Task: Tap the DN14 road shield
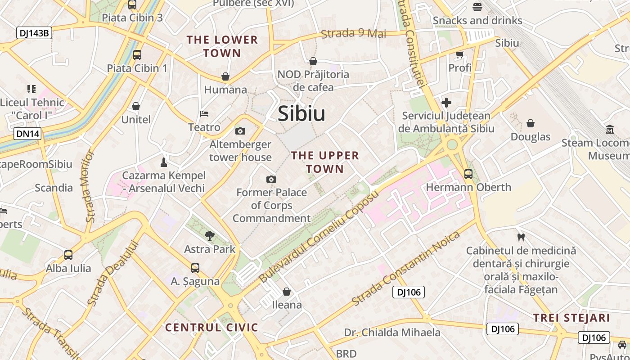27,134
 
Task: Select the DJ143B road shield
34,33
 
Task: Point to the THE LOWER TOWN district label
222,46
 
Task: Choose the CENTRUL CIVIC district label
211,327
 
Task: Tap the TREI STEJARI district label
571,318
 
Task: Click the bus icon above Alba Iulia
68,255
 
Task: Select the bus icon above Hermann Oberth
468,174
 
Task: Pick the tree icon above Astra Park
209,235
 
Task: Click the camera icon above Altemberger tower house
240,131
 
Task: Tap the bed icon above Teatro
204,114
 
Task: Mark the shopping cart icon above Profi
459,55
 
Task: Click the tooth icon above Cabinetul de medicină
521,237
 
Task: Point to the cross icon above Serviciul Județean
446,103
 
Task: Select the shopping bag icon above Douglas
531,123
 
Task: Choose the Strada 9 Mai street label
353,33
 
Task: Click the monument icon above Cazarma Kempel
164,162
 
